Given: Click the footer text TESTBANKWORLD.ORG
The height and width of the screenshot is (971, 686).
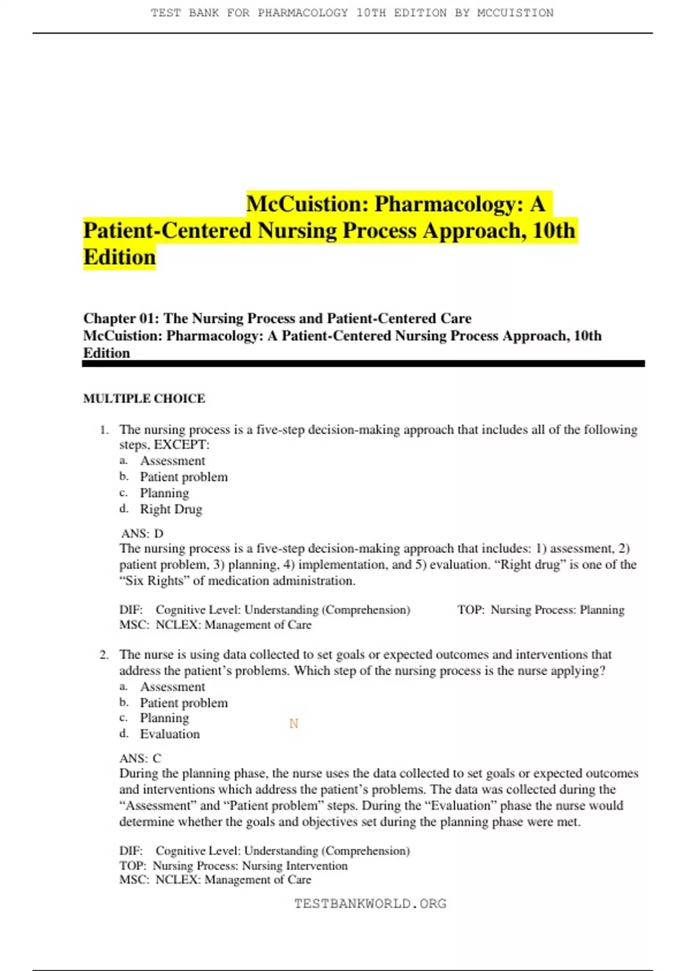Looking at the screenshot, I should tap(370, 904).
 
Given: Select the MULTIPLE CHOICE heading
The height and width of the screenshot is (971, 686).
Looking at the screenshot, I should tap(144, 399).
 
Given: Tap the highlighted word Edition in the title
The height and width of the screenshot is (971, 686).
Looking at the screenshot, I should tap(119, 257).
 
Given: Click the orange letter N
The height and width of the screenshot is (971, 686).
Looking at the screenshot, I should tap(294, 724).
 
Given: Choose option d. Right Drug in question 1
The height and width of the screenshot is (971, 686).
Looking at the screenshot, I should tap(171, 509).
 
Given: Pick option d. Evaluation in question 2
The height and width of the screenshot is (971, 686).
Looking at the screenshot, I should tap(170, 734).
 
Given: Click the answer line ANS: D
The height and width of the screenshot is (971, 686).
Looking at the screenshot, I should tap(142, 533).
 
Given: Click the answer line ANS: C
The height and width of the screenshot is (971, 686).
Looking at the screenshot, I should tap(141, 759).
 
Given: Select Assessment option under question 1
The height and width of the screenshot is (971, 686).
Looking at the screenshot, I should tap(172, 461).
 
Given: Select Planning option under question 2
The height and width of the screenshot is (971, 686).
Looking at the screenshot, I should tap(164, 718).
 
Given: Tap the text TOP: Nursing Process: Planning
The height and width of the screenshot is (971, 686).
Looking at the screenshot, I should tap(541, 610).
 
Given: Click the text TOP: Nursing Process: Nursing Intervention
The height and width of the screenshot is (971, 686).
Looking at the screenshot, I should tap(233, 866).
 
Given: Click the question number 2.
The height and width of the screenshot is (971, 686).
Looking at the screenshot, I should tap(104, 655).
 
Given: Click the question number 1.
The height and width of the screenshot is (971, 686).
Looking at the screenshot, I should tap(104, 430).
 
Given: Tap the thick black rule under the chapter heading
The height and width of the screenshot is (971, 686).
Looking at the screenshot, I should tap(364, 364).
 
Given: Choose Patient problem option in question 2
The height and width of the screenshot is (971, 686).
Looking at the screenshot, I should tap(184, 703).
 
